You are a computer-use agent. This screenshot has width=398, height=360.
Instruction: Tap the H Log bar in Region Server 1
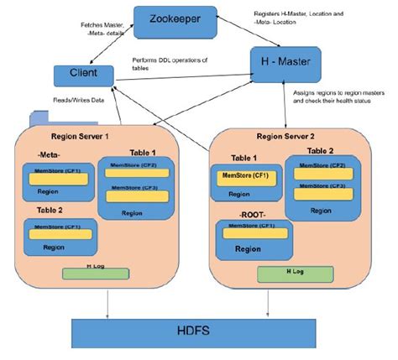[x=95, y=271]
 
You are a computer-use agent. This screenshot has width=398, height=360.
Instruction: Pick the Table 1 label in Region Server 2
[x=245, y=158]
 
